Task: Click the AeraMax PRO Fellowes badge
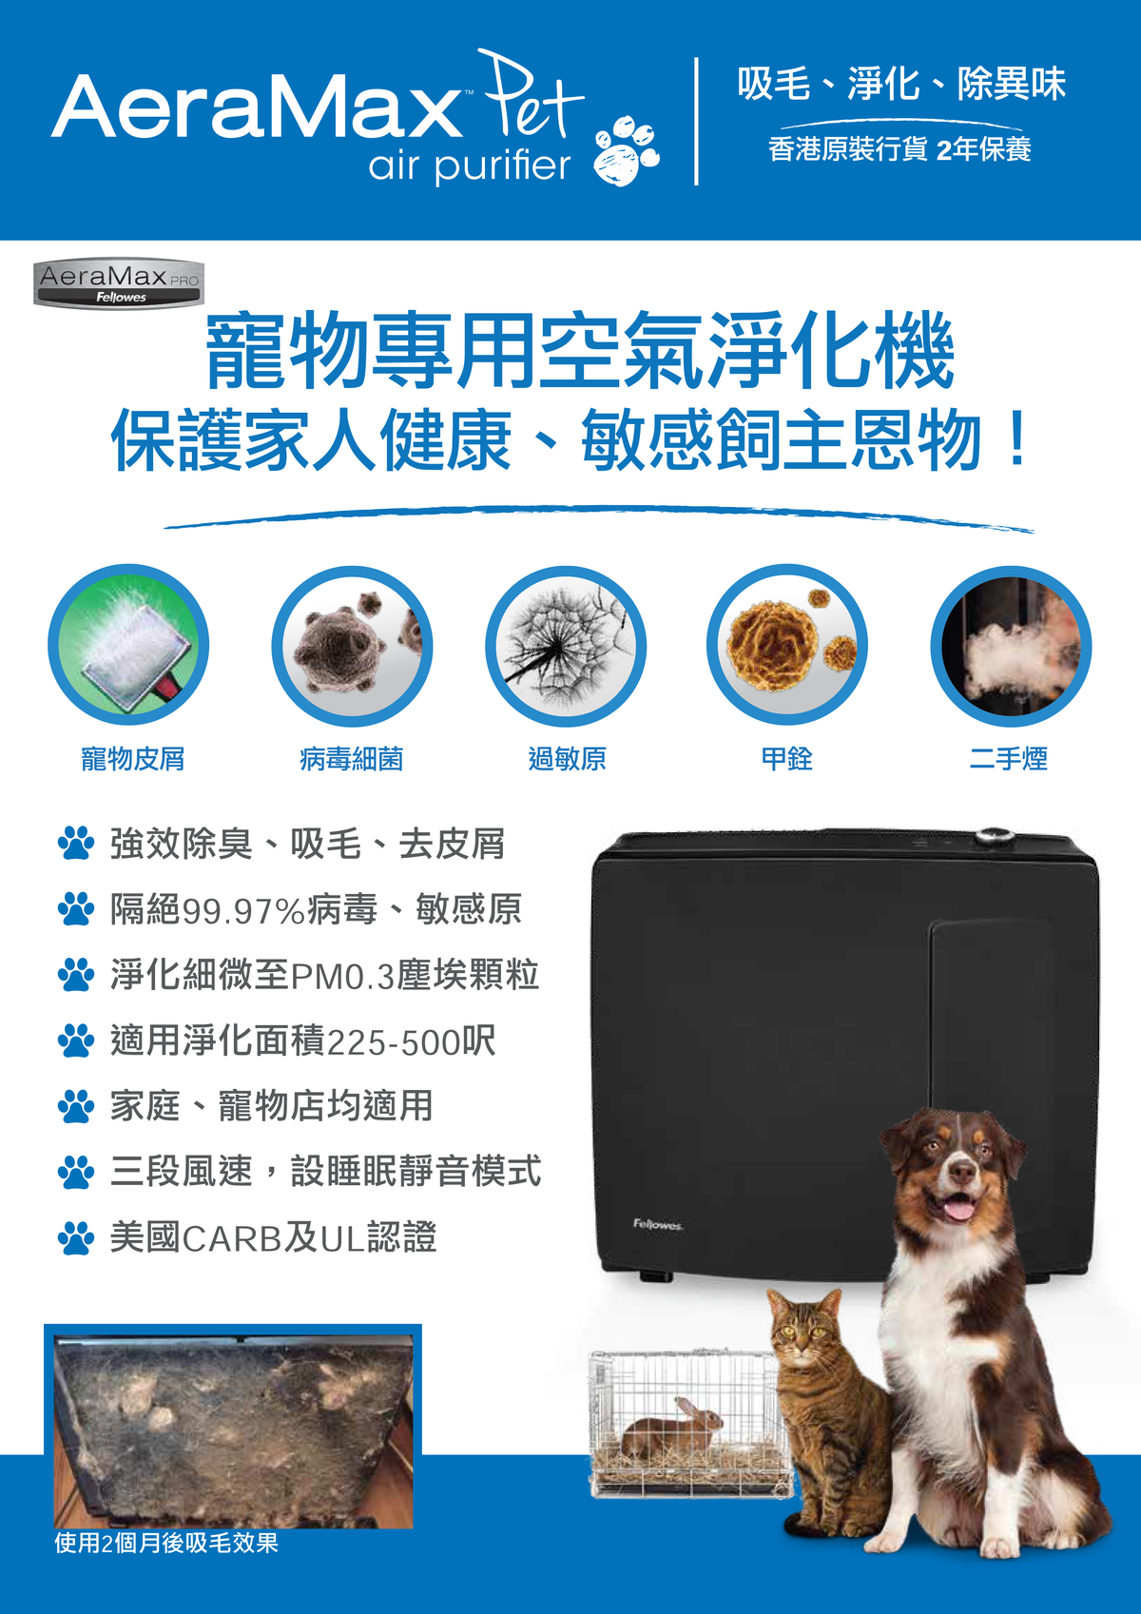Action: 119,283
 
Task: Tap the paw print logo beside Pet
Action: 626,150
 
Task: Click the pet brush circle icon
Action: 128,646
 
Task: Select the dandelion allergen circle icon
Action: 566,646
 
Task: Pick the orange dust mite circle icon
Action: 787,646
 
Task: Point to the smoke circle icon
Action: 1011,646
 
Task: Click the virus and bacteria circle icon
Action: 352,646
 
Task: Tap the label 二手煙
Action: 1008,759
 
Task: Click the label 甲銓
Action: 786,759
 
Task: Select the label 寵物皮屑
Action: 133,759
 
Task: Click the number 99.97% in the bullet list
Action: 243,911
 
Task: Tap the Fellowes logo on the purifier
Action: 657,1224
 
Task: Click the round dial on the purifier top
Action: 993,837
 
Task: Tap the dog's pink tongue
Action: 957,1210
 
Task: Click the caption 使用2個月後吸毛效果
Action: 166,1543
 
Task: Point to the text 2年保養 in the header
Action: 983,149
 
